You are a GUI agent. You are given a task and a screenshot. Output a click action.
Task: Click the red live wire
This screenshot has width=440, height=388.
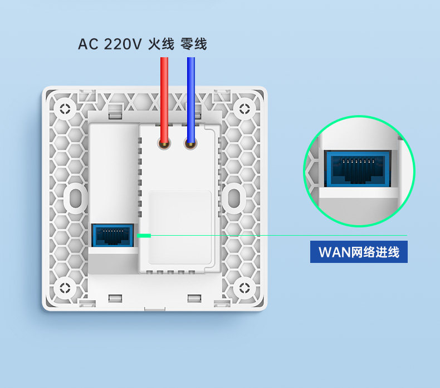164,97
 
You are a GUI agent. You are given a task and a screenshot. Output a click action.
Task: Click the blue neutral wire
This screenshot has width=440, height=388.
191,97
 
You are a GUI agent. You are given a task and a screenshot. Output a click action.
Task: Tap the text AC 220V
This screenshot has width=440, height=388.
110,44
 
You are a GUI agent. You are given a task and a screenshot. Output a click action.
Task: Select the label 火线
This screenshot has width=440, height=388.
161,44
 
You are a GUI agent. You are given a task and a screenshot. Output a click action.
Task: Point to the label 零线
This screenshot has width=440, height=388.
194,44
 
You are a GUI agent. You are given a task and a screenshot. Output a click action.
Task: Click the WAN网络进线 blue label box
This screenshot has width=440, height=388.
359,252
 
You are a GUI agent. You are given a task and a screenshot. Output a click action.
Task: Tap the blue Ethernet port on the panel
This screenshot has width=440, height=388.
113,236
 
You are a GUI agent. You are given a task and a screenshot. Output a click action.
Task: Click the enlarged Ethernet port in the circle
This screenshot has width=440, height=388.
359,169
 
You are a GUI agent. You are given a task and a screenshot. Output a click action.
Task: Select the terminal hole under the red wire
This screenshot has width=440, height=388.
164,146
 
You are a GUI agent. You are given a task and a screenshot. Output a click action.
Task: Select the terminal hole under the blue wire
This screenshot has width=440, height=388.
190,146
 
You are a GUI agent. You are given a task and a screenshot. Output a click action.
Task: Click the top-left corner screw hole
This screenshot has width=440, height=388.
66,108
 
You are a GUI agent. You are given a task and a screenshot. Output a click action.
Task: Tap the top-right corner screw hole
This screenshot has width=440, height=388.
245,108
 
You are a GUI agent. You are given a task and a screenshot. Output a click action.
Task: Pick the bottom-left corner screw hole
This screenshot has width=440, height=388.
66,287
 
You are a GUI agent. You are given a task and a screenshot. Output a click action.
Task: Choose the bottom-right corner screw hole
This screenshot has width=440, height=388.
245,287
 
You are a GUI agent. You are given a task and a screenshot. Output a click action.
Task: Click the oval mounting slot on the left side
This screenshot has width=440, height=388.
75,196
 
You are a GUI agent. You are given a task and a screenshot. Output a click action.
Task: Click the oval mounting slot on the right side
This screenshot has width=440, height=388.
236,196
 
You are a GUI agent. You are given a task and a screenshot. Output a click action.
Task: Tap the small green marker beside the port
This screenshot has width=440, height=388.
144,236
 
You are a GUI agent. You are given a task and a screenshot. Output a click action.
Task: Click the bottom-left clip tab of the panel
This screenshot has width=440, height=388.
115,299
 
